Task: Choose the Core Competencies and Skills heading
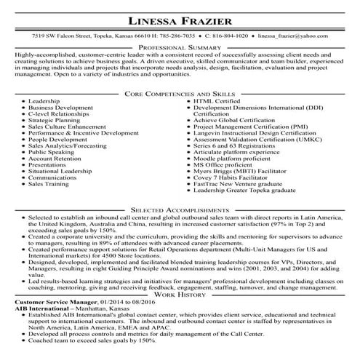(x=180, y=94)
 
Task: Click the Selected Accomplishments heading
(x=180, y=208)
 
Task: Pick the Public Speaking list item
(x=51, y=152)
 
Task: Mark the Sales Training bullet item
(x=48, y=184)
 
